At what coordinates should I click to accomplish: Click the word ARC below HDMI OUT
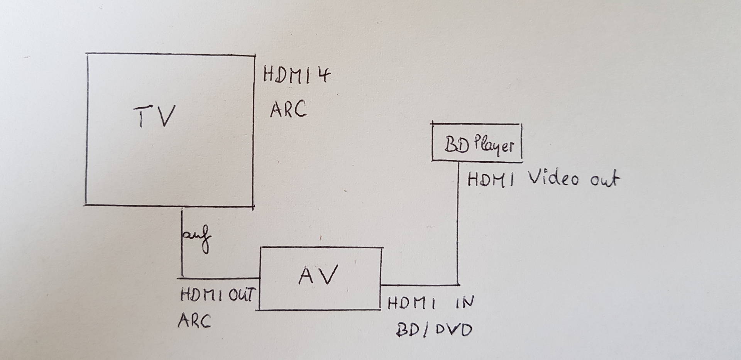(x=194, y=320)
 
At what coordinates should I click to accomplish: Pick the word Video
(x=553, y=179)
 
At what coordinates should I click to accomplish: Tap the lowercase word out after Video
(x=604, y=180)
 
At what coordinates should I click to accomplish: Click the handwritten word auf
(x=197, y=237)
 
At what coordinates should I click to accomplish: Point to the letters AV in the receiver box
(x=318, y=275)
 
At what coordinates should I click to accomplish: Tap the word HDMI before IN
(x=411, y=304)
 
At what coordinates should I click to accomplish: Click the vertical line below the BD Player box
(x=458, y=232)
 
